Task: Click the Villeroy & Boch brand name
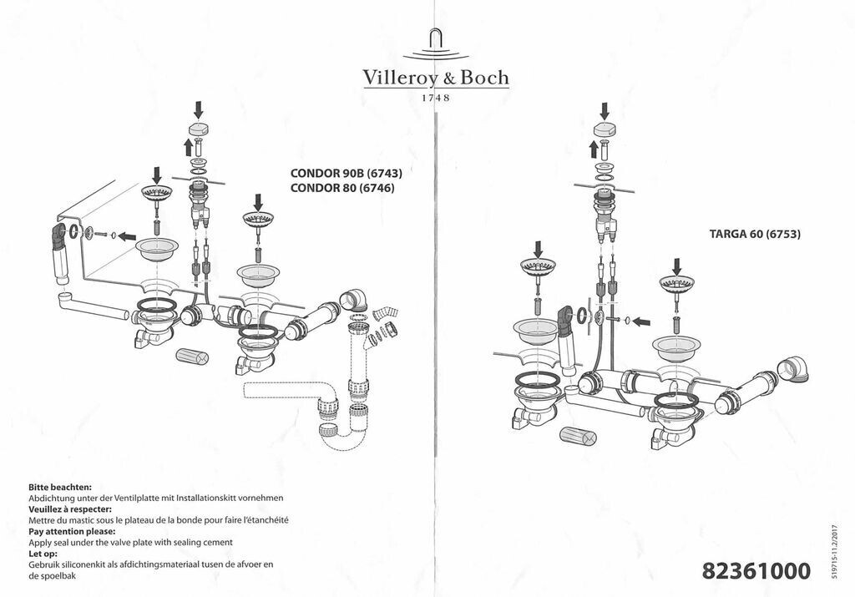pyautogui.click(x=435, y=78)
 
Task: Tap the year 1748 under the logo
pyautogui.click(x=435, y=99)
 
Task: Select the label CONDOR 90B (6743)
pyautogui.click(x=347, y=174)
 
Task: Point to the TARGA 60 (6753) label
pyautogui.click(x=754, y=235)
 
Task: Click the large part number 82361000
pyautogui.click(x=756, y=572)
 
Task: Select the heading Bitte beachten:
pyautogui.click(x=59, y=487)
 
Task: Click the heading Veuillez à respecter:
pyautogui.click(x=70, y=509)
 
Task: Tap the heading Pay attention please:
pyautogui.click(x=72, y=532)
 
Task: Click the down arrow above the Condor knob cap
pyautogui.click(x=199, y=109)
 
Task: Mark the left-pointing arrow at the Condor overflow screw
pyautogui.click(x=126, y=236)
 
